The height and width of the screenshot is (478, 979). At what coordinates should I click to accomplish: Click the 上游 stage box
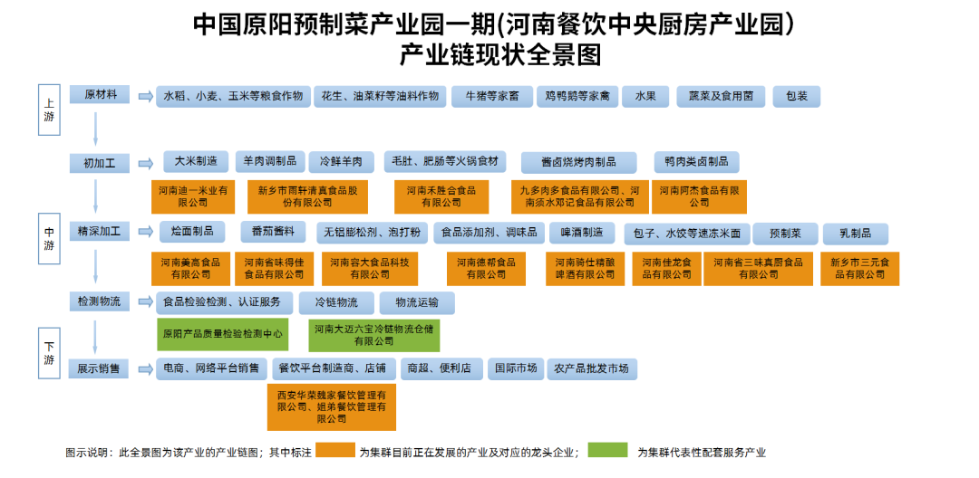click(49, 110)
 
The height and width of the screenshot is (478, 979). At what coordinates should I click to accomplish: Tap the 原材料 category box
click(100, 95)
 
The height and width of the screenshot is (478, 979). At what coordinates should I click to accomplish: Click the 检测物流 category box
click(100, 301)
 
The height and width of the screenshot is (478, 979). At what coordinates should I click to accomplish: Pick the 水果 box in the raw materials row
click(645, 97)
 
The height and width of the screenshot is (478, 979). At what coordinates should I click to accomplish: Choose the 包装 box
click(797, 97)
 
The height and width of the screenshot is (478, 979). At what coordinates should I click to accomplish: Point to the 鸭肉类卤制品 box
click(696, 162)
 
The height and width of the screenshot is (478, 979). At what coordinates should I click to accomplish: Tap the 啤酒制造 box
click(581, 233)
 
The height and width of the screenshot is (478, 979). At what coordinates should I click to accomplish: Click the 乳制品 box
click(854, 234)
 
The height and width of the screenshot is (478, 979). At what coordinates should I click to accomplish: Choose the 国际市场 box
click(514, 368)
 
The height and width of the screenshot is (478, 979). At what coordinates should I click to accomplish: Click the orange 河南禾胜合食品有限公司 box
click(441, 196)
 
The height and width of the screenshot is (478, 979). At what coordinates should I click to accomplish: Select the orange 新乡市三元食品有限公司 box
click(859, 268)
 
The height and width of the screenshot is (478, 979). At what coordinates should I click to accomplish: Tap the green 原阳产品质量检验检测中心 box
click(222, 334)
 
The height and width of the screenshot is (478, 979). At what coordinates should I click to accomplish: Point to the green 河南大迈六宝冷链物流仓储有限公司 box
click(373, 335)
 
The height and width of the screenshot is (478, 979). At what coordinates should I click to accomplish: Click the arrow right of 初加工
click(145, 163)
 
